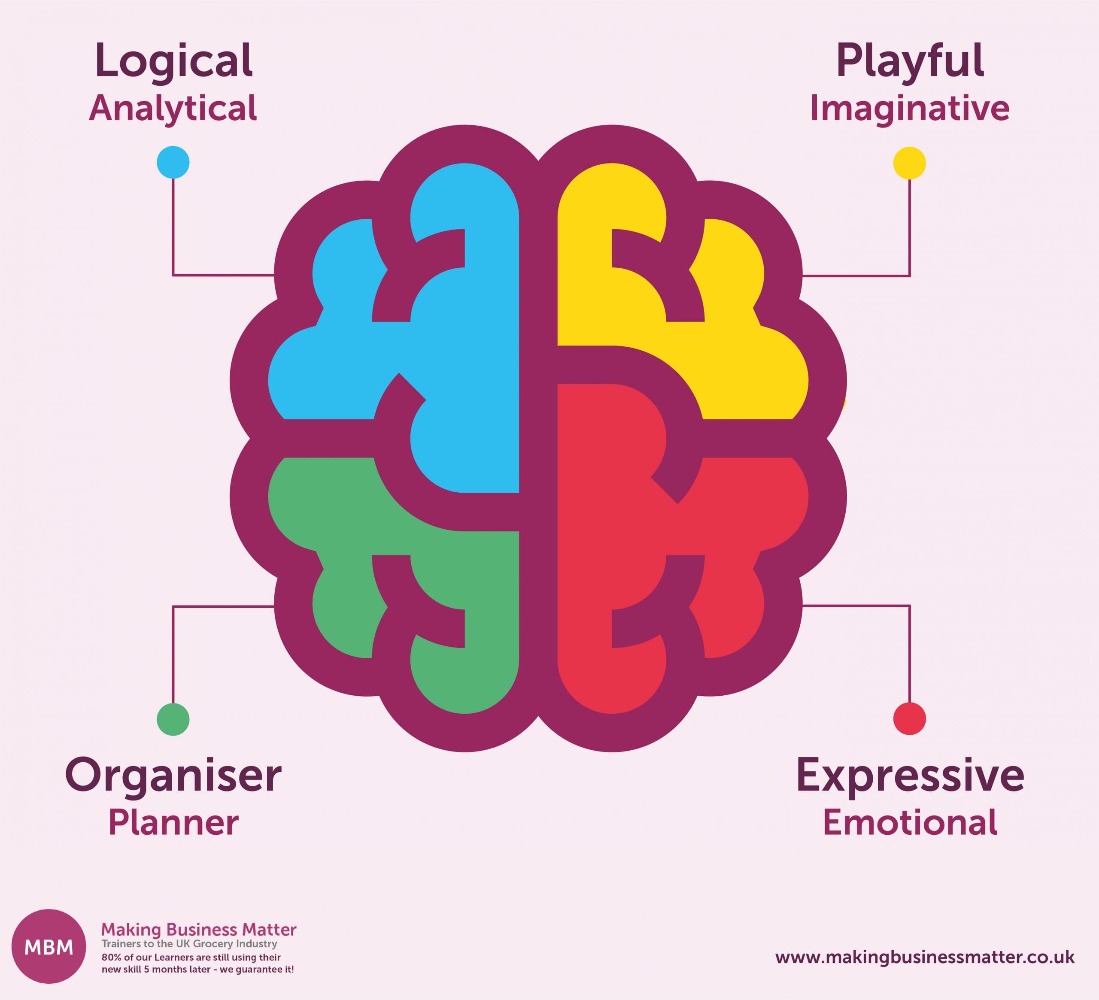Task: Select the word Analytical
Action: (173, 109)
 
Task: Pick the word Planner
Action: (173, 824)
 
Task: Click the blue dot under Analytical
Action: (173, 162)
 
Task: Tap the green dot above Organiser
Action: (173, 719)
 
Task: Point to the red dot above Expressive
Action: (909, 719)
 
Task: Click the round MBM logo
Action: (49, 947)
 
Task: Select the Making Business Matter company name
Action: (199, 929)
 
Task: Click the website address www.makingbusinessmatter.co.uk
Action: (925, 958)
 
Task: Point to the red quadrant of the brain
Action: (605, 545)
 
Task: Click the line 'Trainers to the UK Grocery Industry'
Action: (189, 944)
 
